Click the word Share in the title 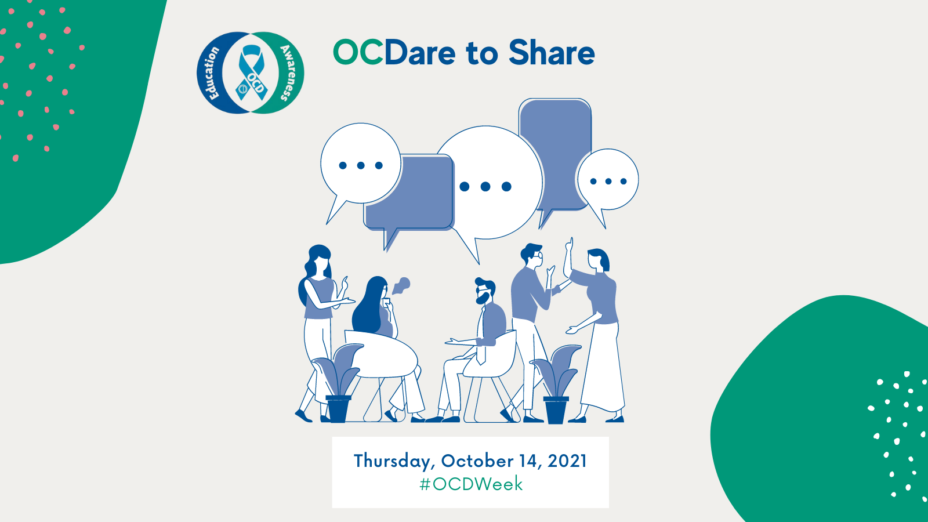tap(552, 53)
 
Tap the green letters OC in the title tap(358, 53)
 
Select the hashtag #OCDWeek tap(470, 484)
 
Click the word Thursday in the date tap(394, 462)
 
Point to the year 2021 tap(567, 461)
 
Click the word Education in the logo tap(213, 72)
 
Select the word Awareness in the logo tap(288, 72)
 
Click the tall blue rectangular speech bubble tap(554, 157)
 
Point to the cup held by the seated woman tap(386, 302)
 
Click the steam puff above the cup tap(401, 285)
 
